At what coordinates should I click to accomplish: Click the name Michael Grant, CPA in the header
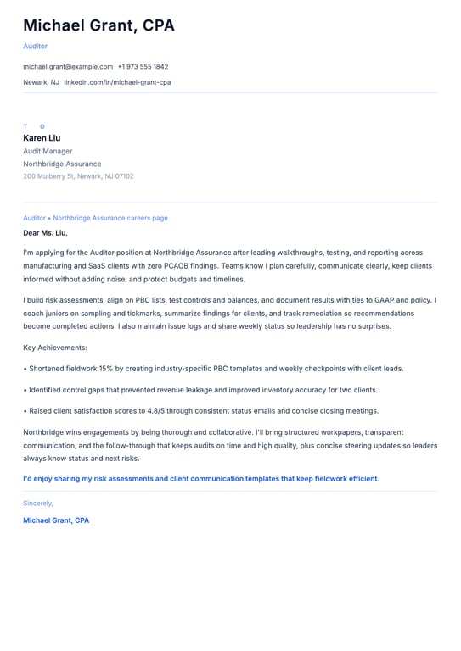(x=98, y=25)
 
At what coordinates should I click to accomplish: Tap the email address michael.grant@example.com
(x=68, y=66)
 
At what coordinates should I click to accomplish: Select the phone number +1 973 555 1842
(x=143, y=66)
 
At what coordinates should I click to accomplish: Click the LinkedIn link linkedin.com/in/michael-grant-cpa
(x=117, y=82)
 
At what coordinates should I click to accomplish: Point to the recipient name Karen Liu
(x=42, y=138)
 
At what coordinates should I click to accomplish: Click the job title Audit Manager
(x=48, y=151)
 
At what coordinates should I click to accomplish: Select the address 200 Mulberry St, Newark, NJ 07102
(x=78, y=176)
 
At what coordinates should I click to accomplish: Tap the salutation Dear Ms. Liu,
(x=45, y=232)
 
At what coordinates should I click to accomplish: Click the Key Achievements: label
(x=55, y=348)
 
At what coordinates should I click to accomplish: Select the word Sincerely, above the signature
(x=38, y=503)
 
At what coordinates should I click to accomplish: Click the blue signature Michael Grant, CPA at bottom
(x=56, y=520)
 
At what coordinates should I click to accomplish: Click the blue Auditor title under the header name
(x=36, y=46)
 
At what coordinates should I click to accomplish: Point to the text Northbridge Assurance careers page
(x=110, y=218)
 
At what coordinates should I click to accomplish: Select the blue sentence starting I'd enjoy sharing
(x=201, y=478)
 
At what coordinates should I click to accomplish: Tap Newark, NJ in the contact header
(x=41, y=82)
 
